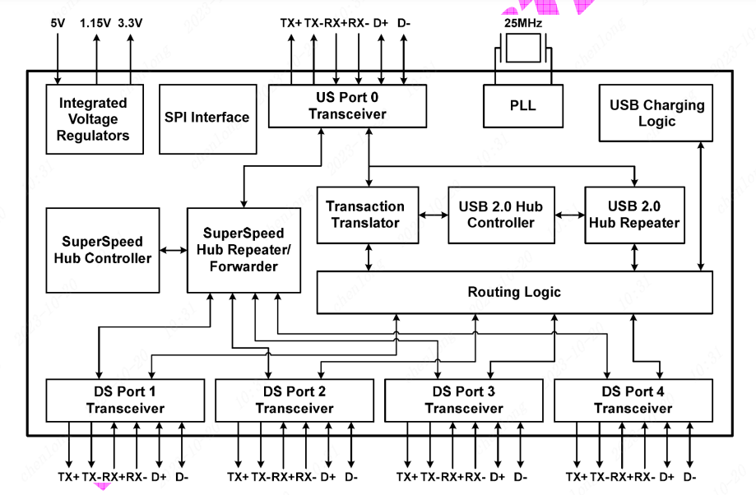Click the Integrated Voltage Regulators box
click(x=93, y=119)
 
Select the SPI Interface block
click(x=207, y=118)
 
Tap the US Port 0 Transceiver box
click(x=347, y=106)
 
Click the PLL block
click(x=522, y=106)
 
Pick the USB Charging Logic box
click(x=656, y=113)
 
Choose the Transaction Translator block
click(x=365, y=215)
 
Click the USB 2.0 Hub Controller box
click(x=501, y=215)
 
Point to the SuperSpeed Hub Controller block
click(x=102, y=250)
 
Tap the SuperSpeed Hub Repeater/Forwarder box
click(x=243, y=250)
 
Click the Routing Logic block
click(x=514, y=292)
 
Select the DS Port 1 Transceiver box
click(x=125, y=400)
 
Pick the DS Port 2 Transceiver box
click(x=295, y=400)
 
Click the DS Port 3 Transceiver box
click(x=464, y=400)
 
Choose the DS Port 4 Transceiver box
click(x=633, y=400)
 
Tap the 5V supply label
click(x=58, y=23)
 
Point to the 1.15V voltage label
click(x=96, y=23)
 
